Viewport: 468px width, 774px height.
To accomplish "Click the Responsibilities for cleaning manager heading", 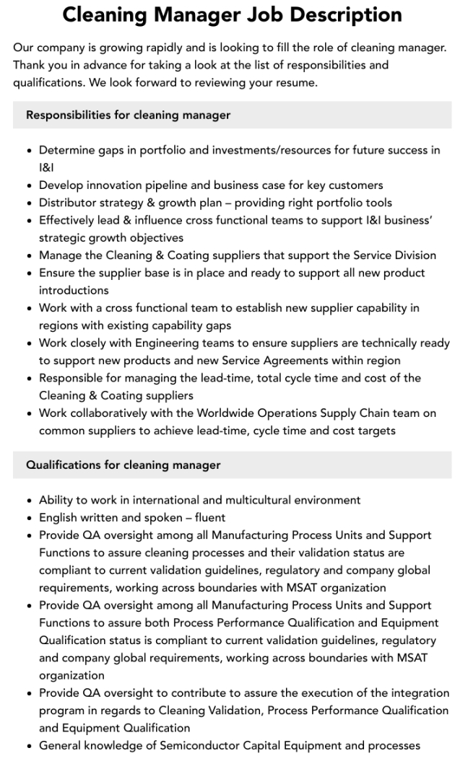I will (x=128, y=115).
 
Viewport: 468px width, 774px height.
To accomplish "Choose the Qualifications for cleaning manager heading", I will (x=123, y=465).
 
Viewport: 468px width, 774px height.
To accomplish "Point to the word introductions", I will (x=74, y=290).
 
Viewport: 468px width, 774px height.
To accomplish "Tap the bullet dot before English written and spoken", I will (x=28, y=518).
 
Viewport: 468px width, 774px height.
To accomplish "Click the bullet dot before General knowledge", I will (x=28, y=746).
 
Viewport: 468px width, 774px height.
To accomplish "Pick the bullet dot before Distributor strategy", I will (x=28, y=203).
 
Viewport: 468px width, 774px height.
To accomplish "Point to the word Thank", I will (x=30, y=65).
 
